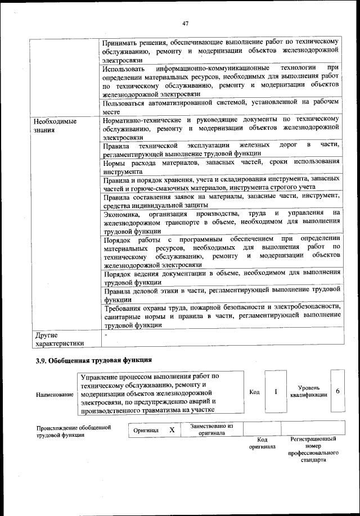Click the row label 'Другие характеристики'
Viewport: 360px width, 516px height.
pos(59,339)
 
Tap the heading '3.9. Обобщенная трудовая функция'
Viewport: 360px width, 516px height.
pos(93,360)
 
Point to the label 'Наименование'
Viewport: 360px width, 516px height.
pos(55,395)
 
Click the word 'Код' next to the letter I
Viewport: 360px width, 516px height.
pos(254,392)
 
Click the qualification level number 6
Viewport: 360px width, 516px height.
pos(337,391)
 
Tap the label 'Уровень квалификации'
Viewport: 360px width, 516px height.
pos(309,391)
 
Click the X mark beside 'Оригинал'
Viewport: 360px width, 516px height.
pos(172,430)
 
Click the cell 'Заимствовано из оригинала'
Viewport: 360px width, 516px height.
pos(211,430)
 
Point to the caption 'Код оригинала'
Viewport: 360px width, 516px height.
pos(262,443)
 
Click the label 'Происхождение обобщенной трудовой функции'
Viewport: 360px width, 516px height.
pos(73,432)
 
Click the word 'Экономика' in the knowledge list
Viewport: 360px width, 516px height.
pos(123,212)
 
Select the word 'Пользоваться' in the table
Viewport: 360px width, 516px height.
pos(128,103)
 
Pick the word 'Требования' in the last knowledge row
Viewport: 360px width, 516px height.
pos(125,307)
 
